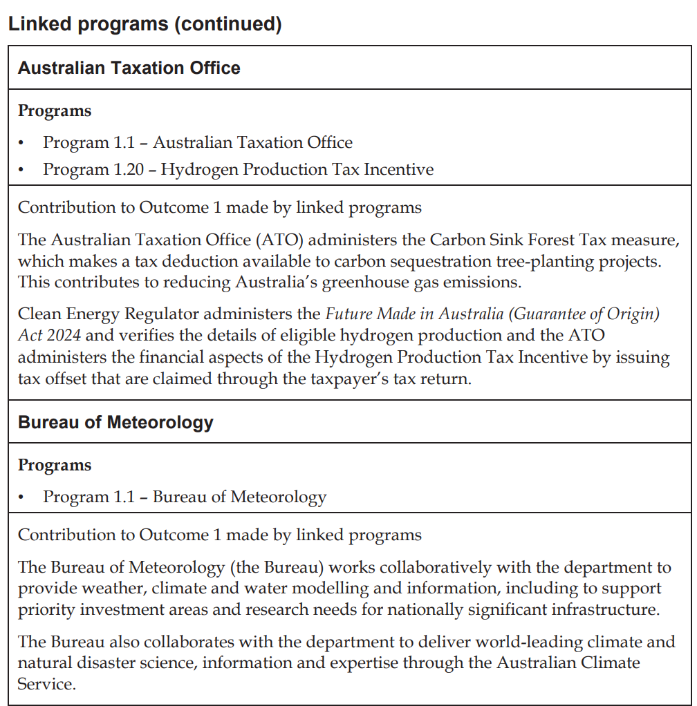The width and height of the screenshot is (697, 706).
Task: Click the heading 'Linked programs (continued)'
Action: (x=145, y=24)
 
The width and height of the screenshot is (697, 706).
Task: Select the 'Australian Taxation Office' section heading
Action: (x=129, y=68)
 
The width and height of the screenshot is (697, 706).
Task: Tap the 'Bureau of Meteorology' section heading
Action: (x=115, y=422)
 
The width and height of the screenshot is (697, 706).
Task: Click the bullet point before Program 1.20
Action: (x=21, y=169)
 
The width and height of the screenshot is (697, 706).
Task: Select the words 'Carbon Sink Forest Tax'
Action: (x=521, y=240)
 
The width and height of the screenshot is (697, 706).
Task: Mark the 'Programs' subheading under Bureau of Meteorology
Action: (x=55, y=465)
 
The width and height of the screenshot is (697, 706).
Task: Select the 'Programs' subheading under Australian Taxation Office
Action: (x=55, y=111)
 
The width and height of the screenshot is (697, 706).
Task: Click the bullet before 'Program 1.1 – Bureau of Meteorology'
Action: (x=21, y=497)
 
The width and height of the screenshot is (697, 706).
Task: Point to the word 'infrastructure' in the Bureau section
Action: (x=592, y=610)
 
